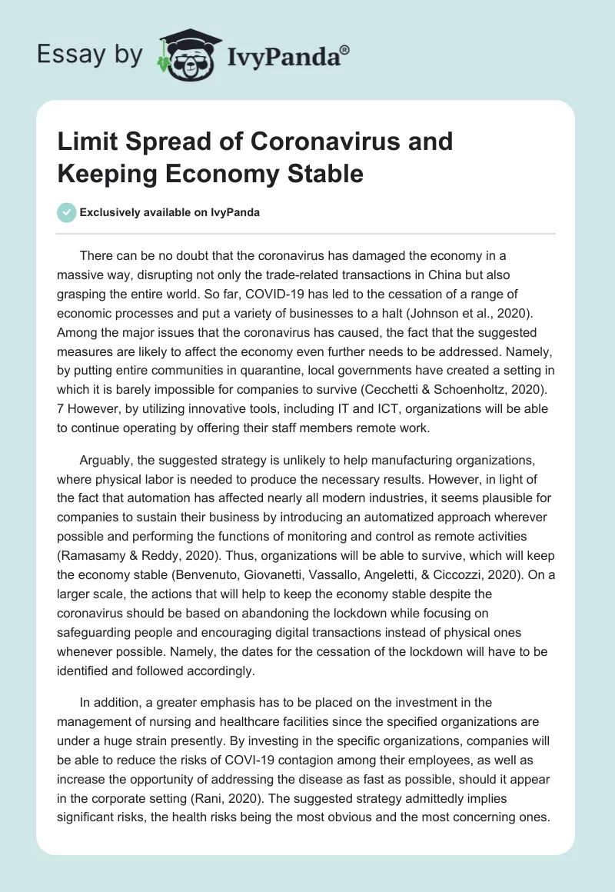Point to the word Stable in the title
324,174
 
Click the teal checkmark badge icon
67,212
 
